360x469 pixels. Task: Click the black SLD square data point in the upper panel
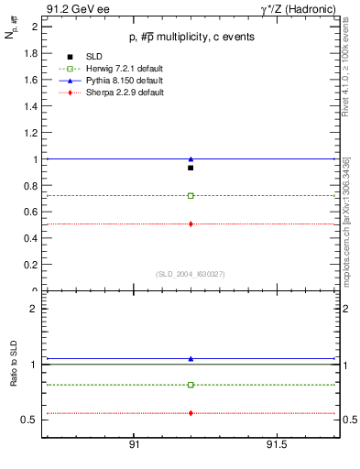coord(191,168)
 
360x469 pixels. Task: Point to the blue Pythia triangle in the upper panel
coord(191,158)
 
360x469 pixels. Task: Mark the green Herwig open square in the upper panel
coord(191,195)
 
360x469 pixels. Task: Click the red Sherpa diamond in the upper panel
coord(191,224)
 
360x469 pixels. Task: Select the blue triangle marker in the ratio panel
coord(191,358)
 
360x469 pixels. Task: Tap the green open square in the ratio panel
coord(191,385)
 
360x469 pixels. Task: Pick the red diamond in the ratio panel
coord(191,413)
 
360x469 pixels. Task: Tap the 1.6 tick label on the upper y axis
coord(29,80)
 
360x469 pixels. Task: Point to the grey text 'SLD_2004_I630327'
coord(191,273)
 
